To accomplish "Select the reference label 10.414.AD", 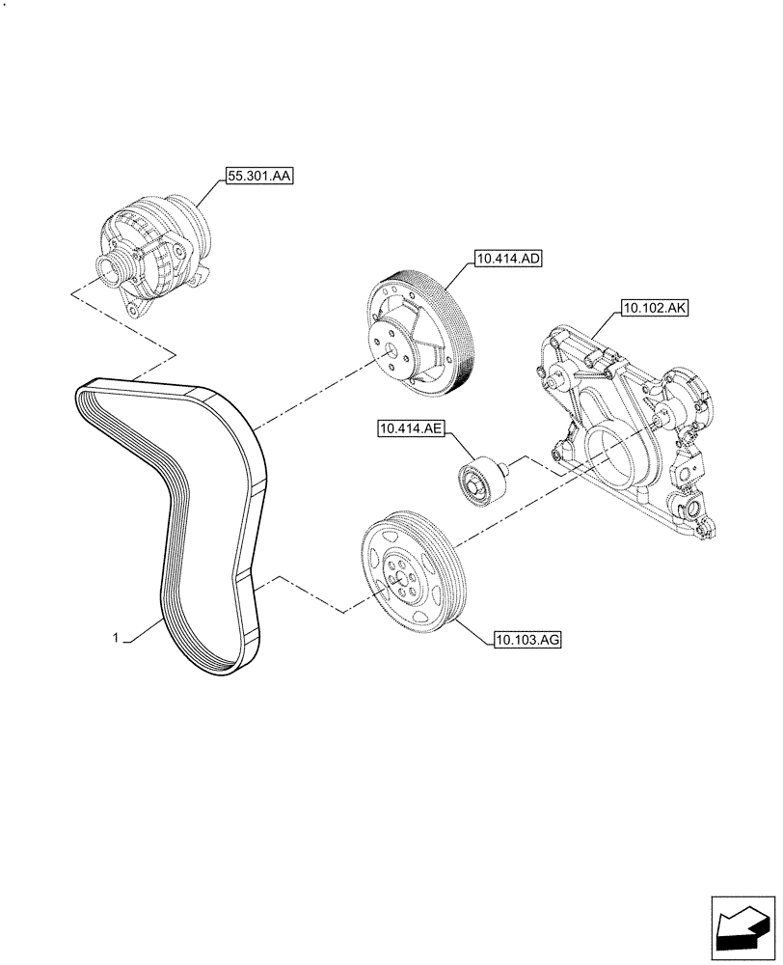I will click(507, 259).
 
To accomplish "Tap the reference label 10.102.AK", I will click(652, 309).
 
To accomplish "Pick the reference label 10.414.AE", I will click(409, 428).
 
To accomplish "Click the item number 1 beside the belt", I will click(116, 638).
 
